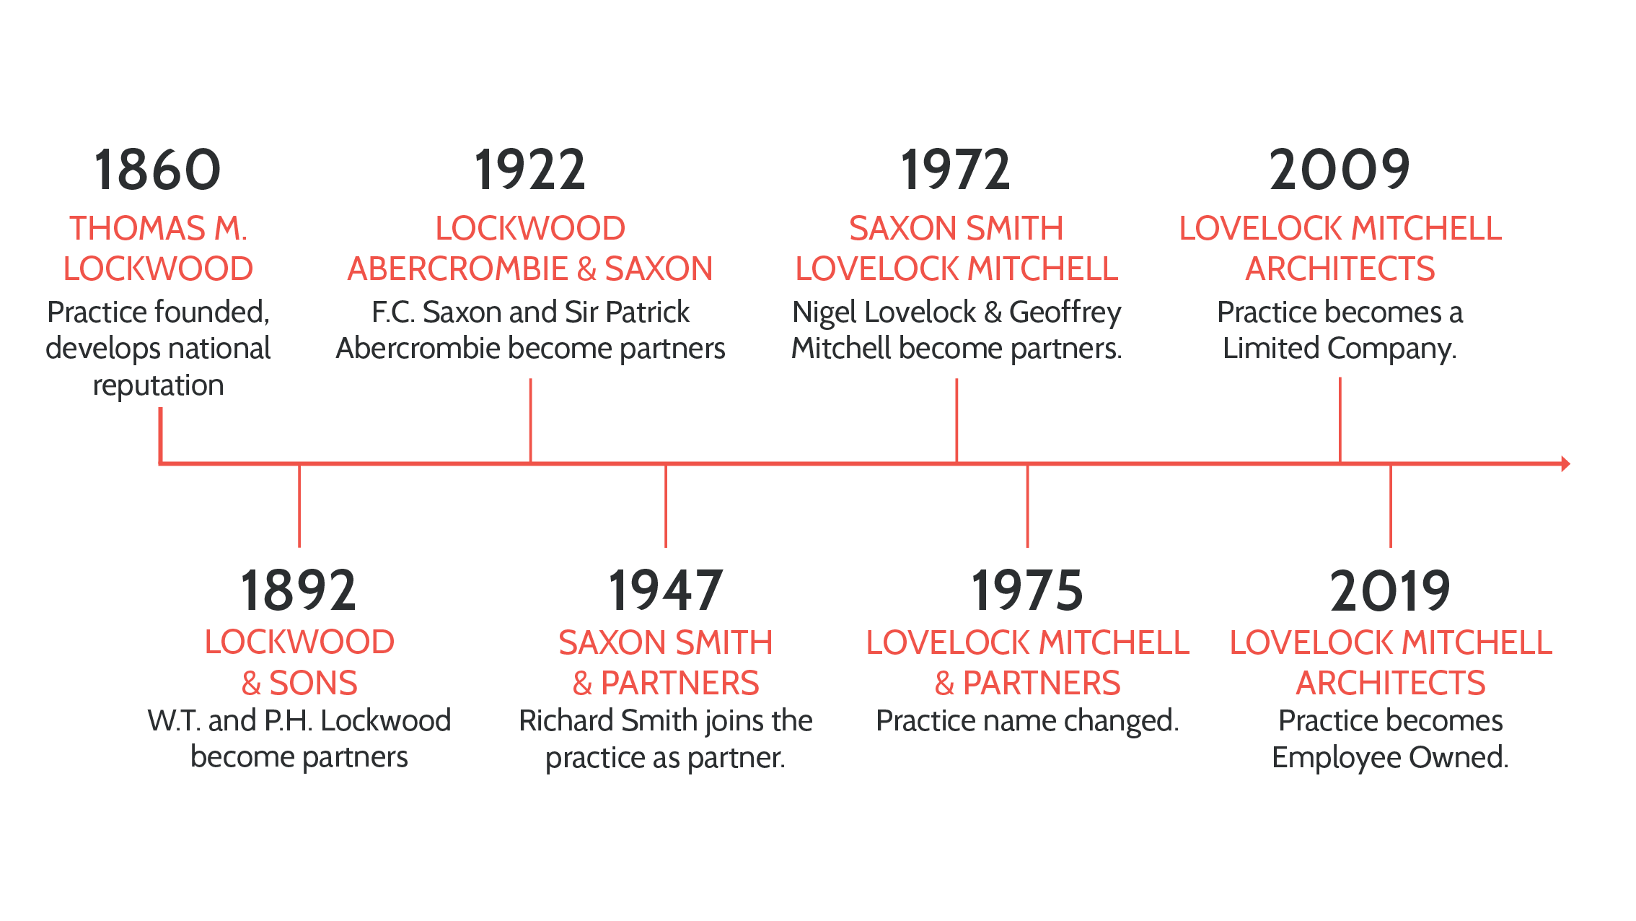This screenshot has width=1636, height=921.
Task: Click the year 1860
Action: (x=157, y=170)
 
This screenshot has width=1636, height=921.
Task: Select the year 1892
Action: (x=298, y=590)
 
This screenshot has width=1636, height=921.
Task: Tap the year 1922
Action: (x=529, y=170)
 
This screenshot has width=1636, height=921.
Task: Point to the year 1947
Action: (x=665, y=590)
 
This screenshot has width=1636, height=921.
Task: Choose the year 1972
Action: (x=956, y=170)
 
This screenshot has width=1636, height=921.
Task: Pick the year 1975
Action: (x=1027, y=590)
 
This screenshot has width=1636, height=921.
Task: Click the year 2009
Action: (x=1340, y=170)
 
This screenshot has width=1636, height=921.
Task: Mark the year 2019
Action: (x=1390, y=590)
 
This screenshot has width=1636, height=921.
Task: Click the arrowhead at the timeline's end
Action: (x=1565, y=463)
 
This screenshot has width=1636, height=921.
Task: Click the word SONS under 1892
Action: (x=313, y=683)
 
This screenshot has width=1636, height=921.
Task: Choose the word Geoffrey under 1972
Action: (x=1065, y=313)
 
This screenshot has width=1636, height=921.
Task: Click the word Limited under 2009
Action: (x=1271, y=349)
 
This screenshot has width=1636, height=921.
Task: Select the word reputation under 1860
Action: (x=158, y=385)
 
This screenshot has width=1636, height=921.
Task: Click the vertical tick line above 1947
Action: (x=666, y=505)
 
